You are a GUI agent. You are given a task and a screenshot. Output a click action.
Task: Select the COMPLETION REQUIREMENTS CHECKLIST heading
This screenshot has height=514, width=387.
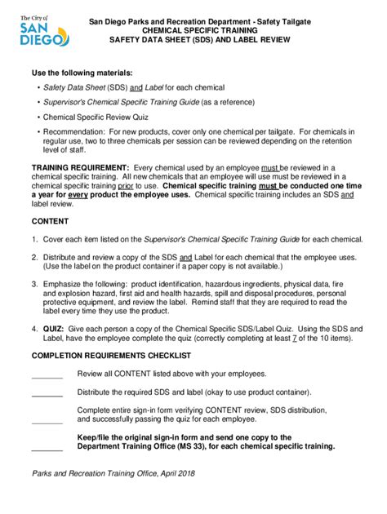[x=111, y=357]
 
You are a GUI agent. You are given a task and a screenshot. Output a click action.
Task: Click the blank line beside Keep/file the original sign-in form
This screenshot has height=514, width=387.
[x=47, y=449]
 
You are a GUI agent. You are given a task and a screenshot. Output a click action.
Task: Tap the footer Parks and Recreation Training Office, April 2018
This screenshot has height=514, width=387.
[x=114, y=474]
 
